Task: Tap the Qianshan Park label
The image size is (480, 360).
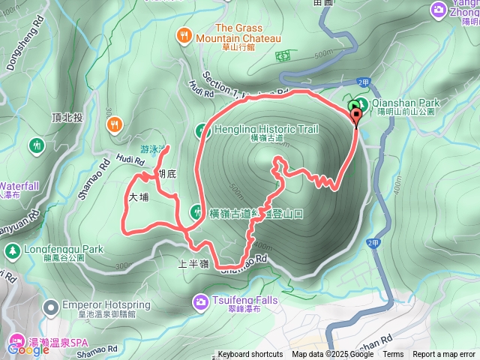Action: (406, 103)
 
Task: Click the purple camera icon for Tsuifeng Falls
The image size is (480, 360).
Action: (200, 301)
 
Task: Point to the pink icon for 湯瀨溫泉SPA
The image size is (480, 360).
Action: (15, 346)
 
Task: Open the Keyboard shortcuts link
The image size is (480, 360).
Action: (250, 355)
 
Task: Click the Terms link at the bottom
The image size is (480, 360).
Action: (393, 355)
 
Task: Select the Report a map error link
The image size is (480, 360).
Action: (444, 355)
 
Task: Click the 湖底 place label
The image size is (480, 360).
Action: (166, 174)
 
